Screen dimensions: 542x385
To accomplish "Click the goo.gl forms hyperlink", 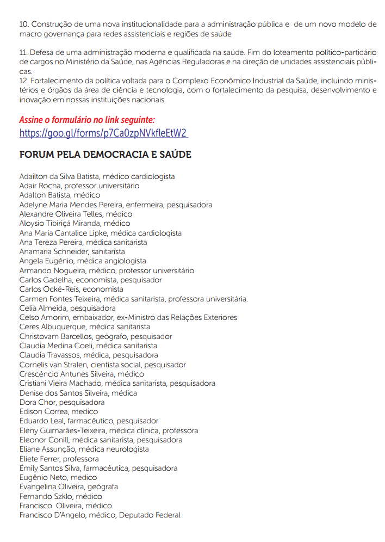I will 104,133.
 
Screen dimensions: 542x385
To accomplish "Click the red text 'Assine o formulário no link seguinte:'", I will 87,119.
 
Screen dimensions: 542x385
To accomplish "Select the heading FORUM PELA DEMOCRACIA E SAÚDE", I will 105,155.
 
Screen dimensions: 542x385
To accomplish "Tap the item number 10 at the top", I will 23,24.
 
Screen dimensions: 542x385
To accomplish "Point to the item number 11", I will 23,53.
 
